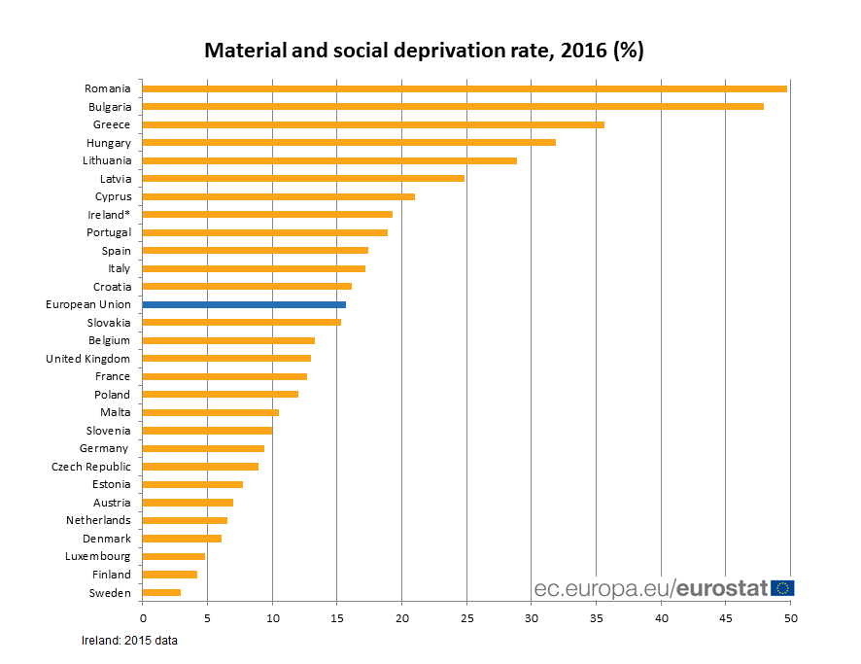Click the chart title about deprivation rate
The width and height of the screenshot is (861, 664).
click(x=424, y=51)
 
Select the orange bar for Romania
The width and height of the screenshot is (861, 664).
click(x=465, y=88)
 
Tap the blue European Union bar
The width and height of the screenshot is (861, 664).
click(x=244, y=304)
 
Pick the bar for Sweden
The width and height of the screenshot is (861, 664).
click(x=161, y=592)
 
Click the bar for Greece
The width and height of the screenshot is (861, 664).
click(x=373, y=124)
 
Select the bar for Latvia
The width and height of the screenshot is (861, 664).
click(x=303, y=178)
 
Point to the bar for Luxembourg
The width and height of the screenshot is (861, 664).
click(x=174, y=556)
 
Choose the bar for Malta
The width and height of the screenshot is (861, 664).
click(x=211, y=412)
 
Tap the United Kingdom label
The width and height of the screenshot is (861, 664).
click(x=87, y=359)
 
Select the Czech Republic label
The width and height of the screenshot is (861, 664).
click(x=90, y=467)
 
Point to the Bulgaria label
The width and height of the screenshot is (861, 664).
click(x=109, y=107)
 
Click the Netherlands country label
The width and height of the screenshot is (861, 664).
click(x=98, y=520)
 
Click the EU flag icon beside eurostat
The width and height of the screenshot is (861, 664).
click(x=782, y=587)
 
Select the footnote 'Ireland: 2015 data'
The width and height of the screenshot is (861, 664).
click(x=129, y=641)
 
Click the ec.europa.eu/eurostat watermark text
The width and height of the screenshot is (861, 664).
click(x=651, y=588)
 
